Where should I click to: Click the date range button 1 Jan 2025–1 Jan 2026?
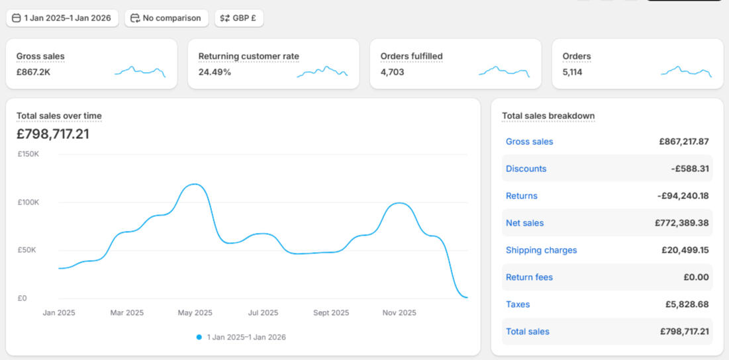point(62,18)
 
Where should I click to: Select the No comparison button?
point(166,18)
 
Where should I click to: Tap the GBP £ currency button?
point(239,18)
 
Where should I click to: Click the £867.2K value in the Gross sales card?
point(33,72)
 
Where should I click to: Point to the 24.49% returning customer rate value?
point(215,72)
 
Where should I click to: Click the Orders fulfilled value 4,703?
point(392,72)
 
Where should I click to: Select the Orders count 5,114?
point(572,72)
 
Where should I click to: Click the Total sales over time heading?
point(59,116)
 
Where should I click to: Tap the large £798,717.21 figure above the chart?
point(53,134)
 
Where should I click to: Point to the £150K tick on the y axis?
point(28,154)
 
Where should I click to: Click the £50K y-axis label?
point(28,250)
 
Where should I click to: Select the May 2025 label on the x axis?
point(195,313)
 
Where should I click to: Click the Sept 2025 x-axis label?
point(331,313)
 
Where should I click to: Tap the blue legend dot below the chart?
point(199,337)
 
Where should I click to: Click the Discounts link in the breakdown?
point(526,169)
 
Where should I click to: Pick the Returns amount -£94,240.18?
point(683,196)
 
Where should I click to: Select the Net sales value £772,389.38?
point(681,223)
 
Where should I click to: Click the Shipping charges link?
point(541,250)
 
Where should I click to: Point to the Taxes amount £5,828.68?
point(687,304)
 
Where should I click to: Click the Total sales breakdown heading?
point(548,116)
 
